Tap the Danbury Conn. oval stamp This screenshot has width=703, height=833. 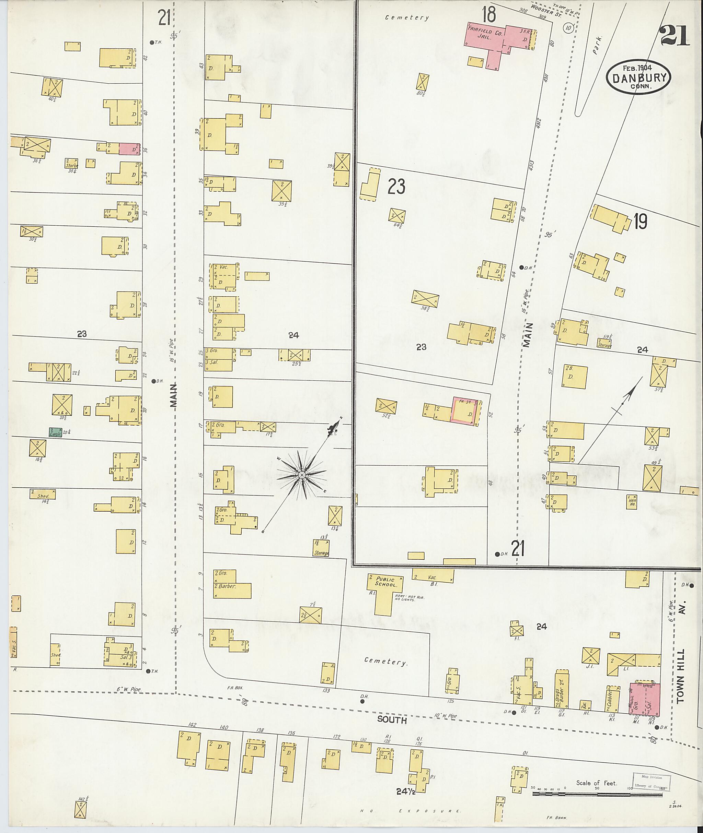(638, 78)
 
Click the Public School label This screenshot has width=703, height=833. (385, 582)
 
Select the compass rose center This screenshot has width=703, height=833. (302, 475)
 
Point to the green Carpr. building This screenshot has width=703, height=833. (55, 432)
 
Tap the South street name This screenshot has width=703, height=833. (392, 720)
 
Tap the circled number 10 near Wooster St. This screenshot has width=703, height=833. (567, 28)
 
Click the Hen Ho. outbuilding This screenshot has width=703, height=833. (632, 501)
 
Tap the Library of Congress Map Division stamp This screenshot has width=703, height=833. (651, 782)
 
